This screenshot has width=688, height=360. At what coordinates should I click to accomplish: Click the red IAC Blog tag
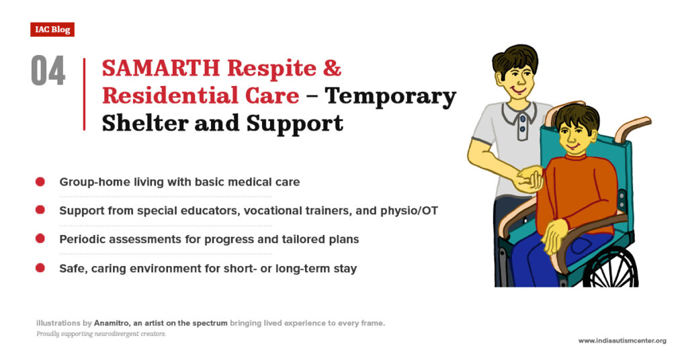[52, 30]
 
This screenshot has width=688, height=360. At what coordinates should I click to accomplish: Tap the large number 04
[48, 71]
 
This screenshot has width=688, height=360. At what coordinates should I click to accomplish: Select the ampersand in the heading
[333, 68]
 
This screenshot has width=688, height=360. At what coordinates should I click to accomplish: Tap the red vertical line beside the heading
[84, 94]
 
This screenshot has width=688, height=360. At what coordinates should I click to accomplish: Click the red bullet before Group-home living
[40, 182]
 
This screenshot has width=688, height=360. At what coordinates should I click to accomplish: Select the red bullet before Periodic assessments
[40, 239]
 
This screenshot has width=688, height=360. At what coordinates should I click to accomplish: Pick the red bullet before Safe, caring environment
[40, 268]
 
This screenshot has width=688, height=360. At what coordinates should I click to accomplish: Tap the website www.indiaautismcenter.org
[622, 341]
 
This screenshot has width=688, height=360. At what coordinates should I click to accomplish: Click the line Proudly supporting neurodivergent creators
[101, 334]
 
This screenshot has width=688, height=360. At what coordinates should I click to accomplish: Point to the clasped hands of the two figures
[530, 179]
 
